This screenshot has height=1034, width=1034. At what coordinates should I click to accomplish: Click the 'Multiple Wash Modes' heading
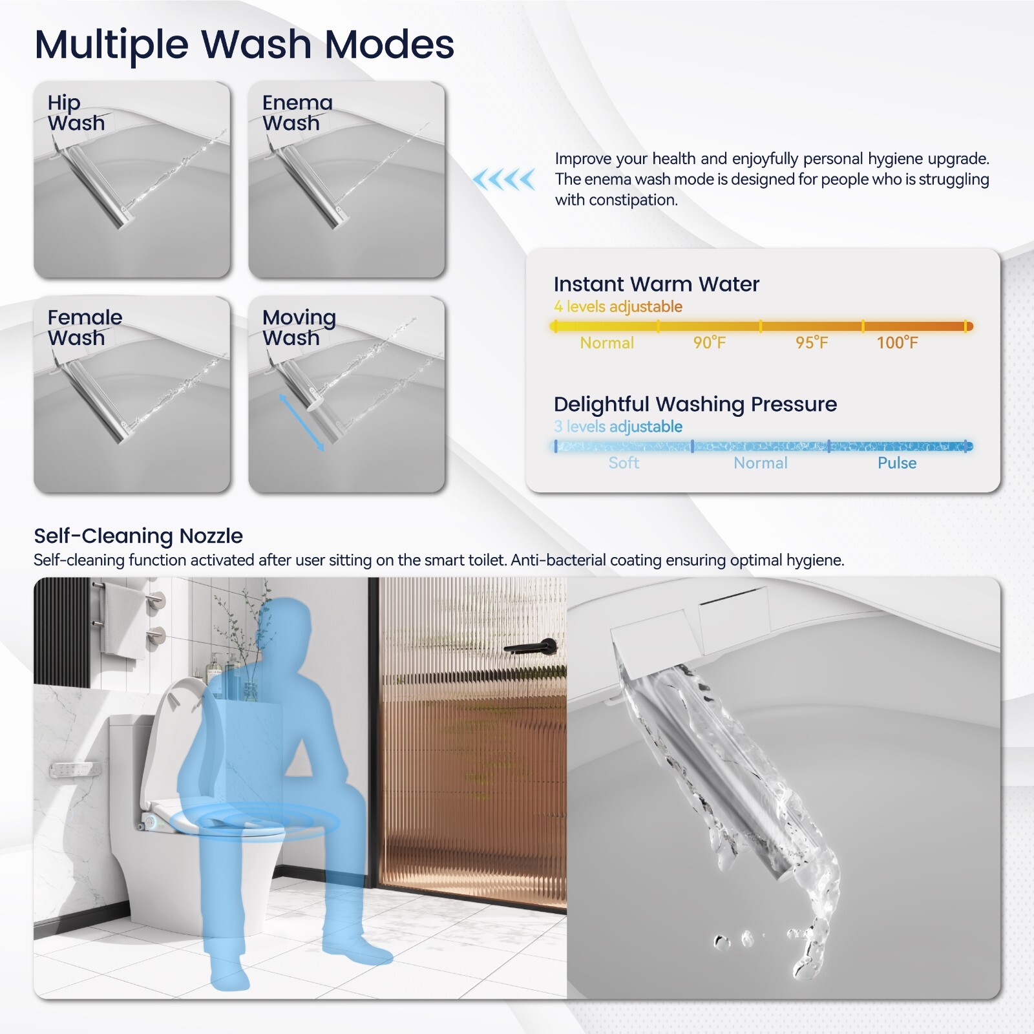pyautogui.click(x=244, y=44)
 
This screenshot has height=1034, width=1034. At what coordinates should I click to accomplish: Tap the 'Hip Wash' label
pyautogui.click(x=76, y=112)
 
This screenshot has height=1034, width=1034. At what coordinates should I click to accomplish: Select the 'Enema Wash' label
pyautogui.click(x=297, y=112)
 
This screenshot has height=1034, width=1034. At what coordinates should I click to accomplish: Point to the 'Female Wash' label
pyautogui.click(x=85, y=327)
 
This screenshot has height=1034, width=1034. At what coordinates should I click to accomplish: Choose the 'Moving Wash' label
pyautogui.click(x=299, y=327)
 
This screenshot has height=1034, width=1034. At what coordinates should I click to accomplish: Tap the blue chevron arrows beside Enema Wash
pyautogui.click(x=504, y=179)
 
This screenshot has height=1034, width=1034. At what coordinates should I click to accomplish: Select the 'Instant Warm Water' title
pyautogui.click(x=656, y=284)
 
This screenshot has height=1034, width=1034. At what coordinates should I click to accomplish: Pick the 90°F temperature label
pyautogui.click(x=709, y=343)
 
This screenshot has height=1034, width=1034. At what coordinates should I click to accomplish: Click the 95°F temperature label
pyautogui.click(x=811, y=343)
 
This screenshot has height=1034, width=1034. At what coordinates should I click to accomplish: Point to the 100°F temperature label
pyautogui.click(x=896, y=343)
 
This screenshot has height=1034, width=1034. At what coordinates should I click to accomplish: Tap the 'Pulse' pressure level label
pyautogui.click(x=896, y=463)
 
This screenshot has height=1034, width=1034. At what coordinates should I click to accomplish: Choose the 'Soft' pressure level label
pyautogui.click(x=624, y=463)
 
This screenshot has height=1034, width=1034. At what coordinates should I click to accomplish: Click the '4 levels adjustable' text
pyautogui.click(x=618, y=306)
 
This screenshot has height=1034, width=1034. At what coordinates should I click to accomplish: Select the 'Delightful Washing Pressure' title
pyautogui.click(x=695, y=404)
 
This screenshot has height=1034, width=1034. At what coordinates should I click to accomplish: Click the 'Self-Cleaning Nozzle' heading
pyautogui.click(x=138, y=536)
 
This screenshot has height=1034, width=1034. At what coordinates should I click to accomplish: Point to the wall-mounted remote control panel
pyautogui.click(x=75, y=770)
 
